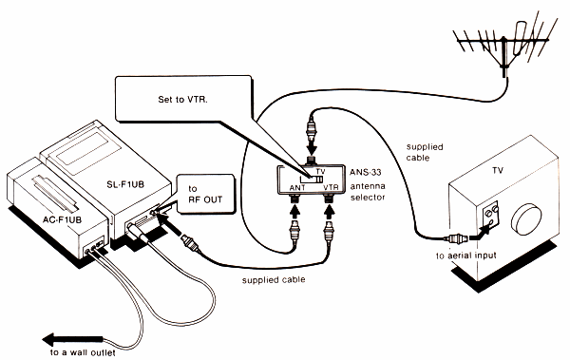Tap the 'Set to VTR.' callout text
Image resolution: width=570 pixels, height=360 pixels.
(x=182, y=100)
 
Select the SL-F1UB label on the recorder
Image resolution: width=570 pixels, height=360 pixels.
(x=125, y=184)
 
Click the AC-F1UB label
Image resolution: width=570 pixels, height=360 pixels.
(x=62, y=219)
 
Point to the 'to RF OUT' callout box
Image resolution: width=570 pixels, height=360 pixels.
(x=205, y=194)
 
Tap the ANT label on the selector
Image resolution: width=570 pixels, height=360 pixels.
(x=297, y=188)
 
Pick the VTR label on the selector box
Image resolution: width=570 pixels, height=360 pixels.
(x=331, y=188)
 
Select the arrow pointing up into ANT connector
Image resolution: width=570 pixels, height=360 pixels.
(x=296, y=212)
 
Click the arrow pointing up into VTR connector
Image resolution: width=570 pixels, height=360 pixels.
(x=330, y=212)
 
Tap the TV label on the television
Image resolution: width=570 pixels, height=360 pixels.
(x=498, y=171)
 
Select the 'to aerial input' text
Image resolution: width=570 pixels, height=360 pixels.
(x=466, y=256)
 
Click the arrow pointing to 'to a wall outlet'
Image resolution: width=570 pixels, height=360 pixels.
(x=73, y=340)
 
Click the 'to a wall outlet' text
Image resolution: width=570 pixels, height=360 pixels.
(x=83, y=352)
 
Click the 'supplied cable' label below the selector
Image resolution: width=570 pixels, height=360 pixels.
(x=274, y=280)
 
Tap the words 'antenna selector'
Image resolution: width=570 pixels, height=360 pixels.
(x=368, y=192)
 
